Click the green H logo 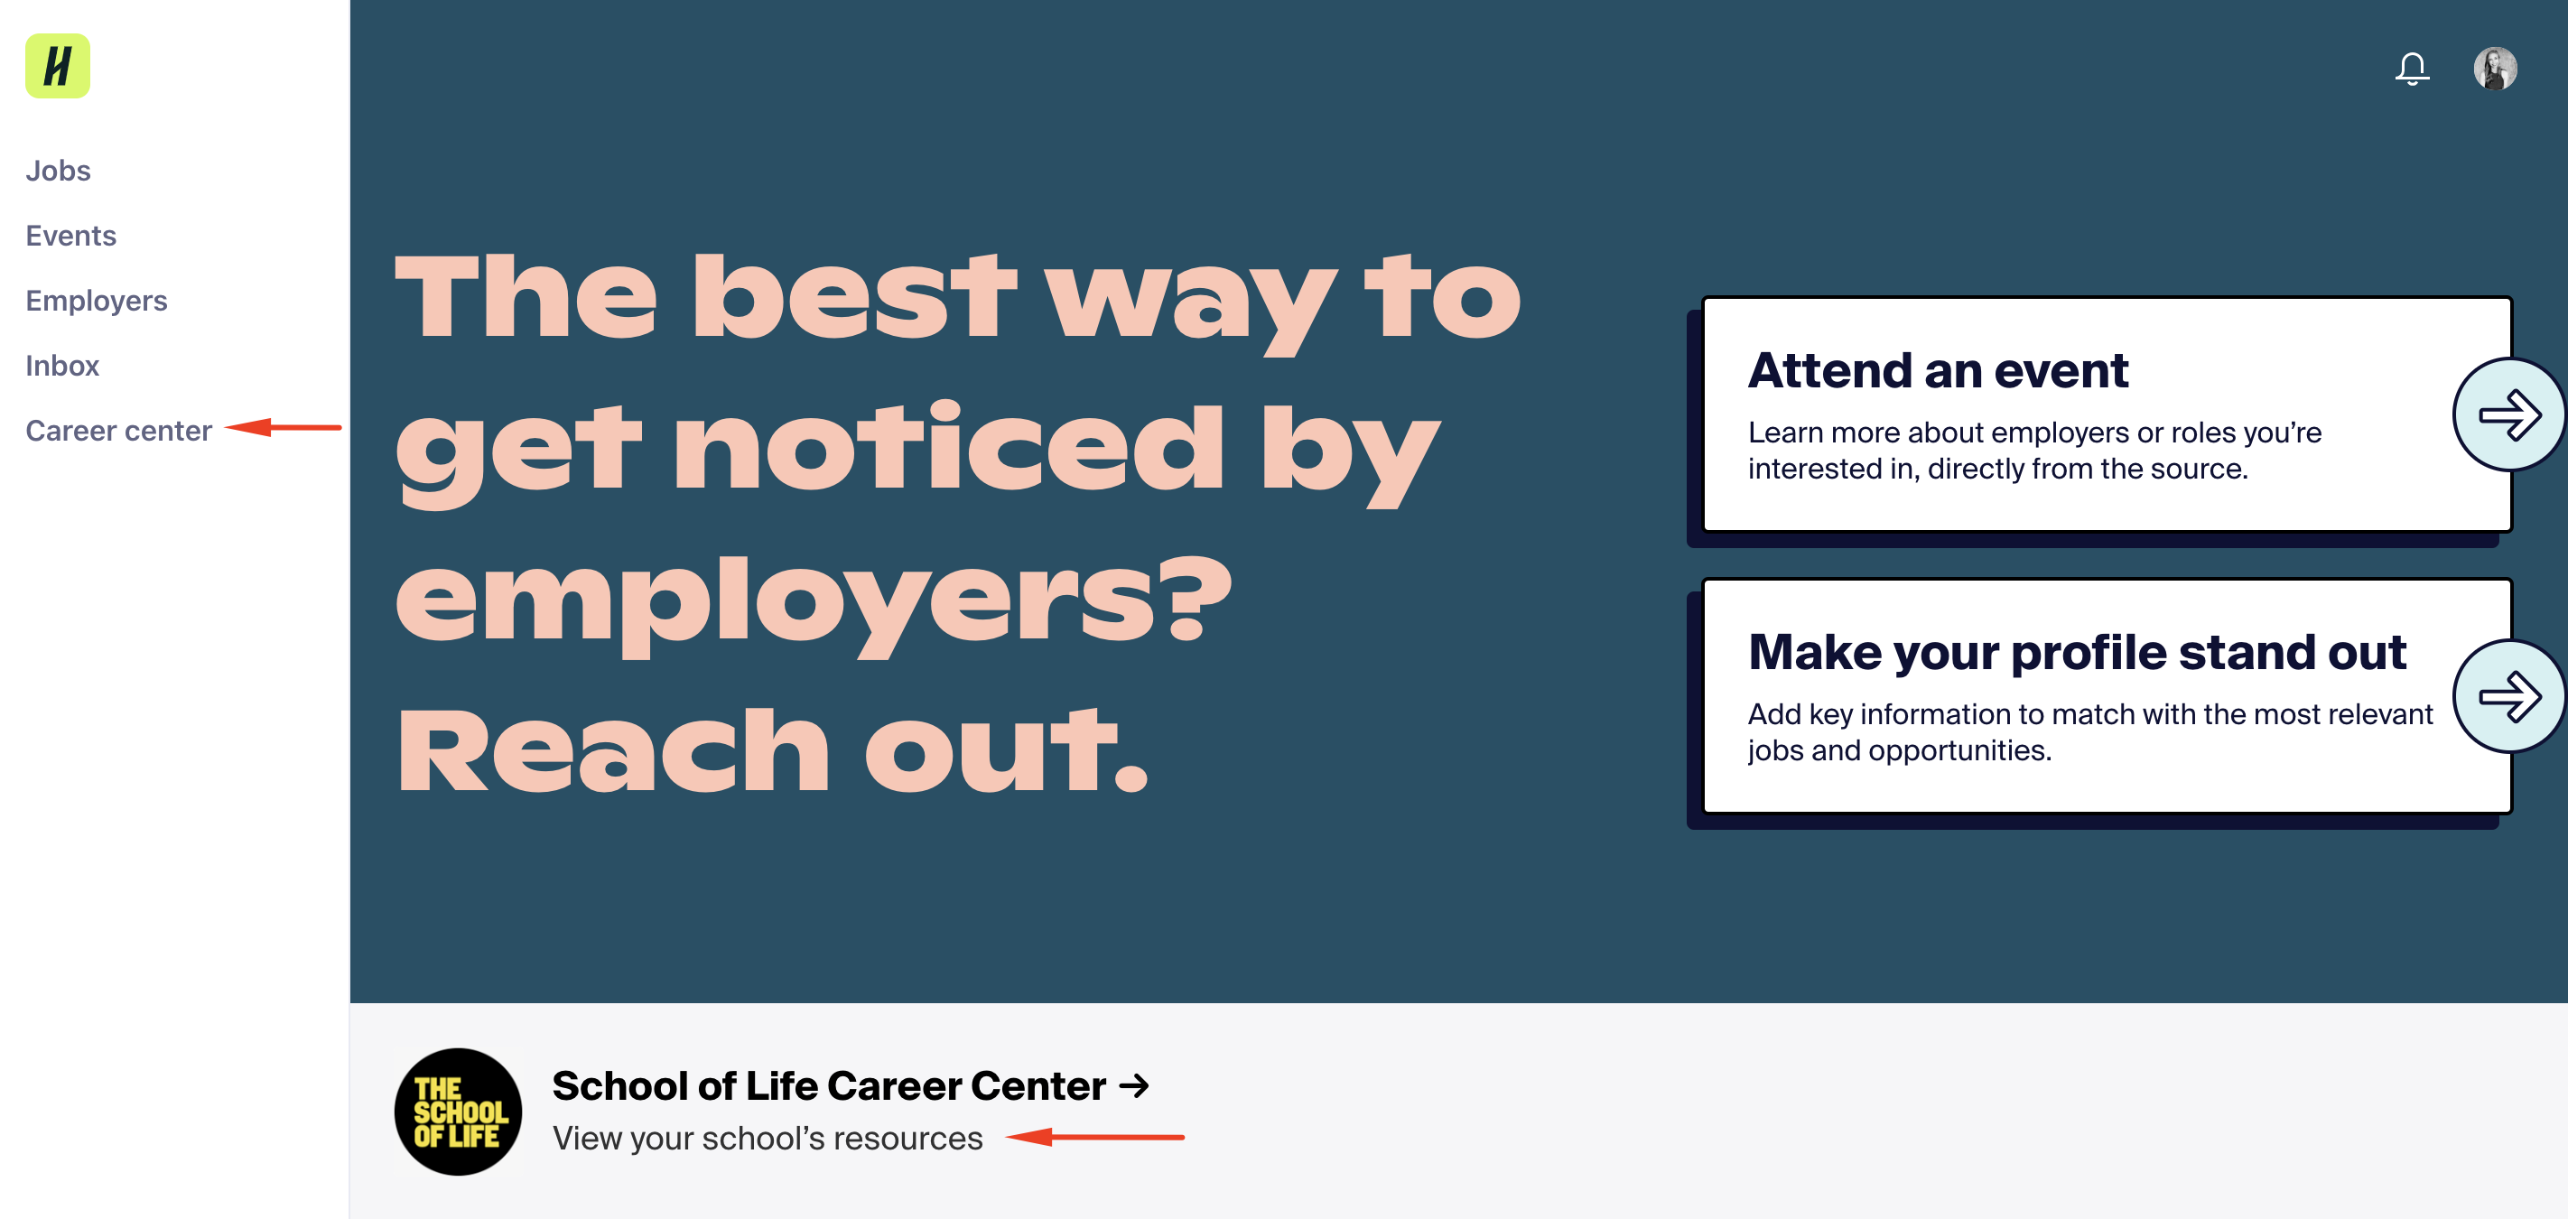58,66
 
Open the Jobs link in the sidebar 58,171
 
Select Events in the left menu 70,236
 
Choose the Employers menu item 97,301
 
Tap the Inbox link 61,366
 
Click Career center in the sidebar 118,431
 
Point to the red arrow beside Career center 284,428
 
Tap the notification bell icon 2412,69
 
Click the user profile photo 2495,69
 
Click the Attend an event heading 1938,371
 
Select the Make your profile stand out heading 2078,653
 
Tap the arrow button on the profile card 2509,695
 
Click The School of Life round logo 459,1112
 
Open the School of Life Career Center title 851,1085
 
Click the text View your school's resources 768,1139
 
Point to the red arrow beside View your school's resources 1094,1136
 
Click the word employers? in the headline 814,604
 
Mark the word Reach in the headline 613,749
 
